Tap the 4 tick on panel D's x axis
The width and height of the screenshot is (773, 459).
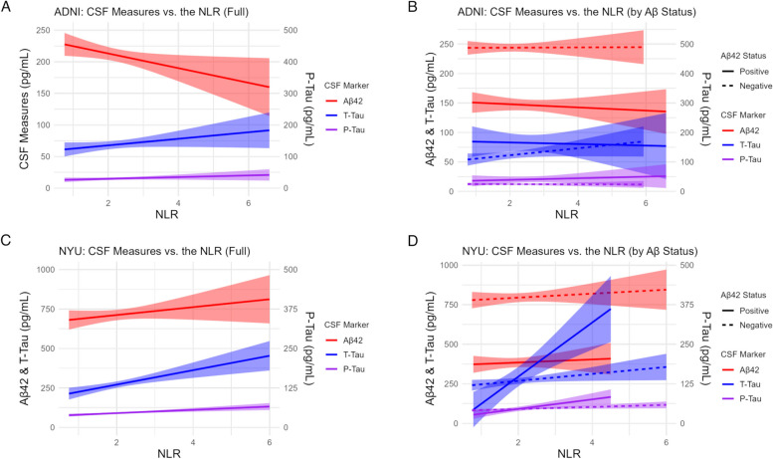[591, 434]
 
